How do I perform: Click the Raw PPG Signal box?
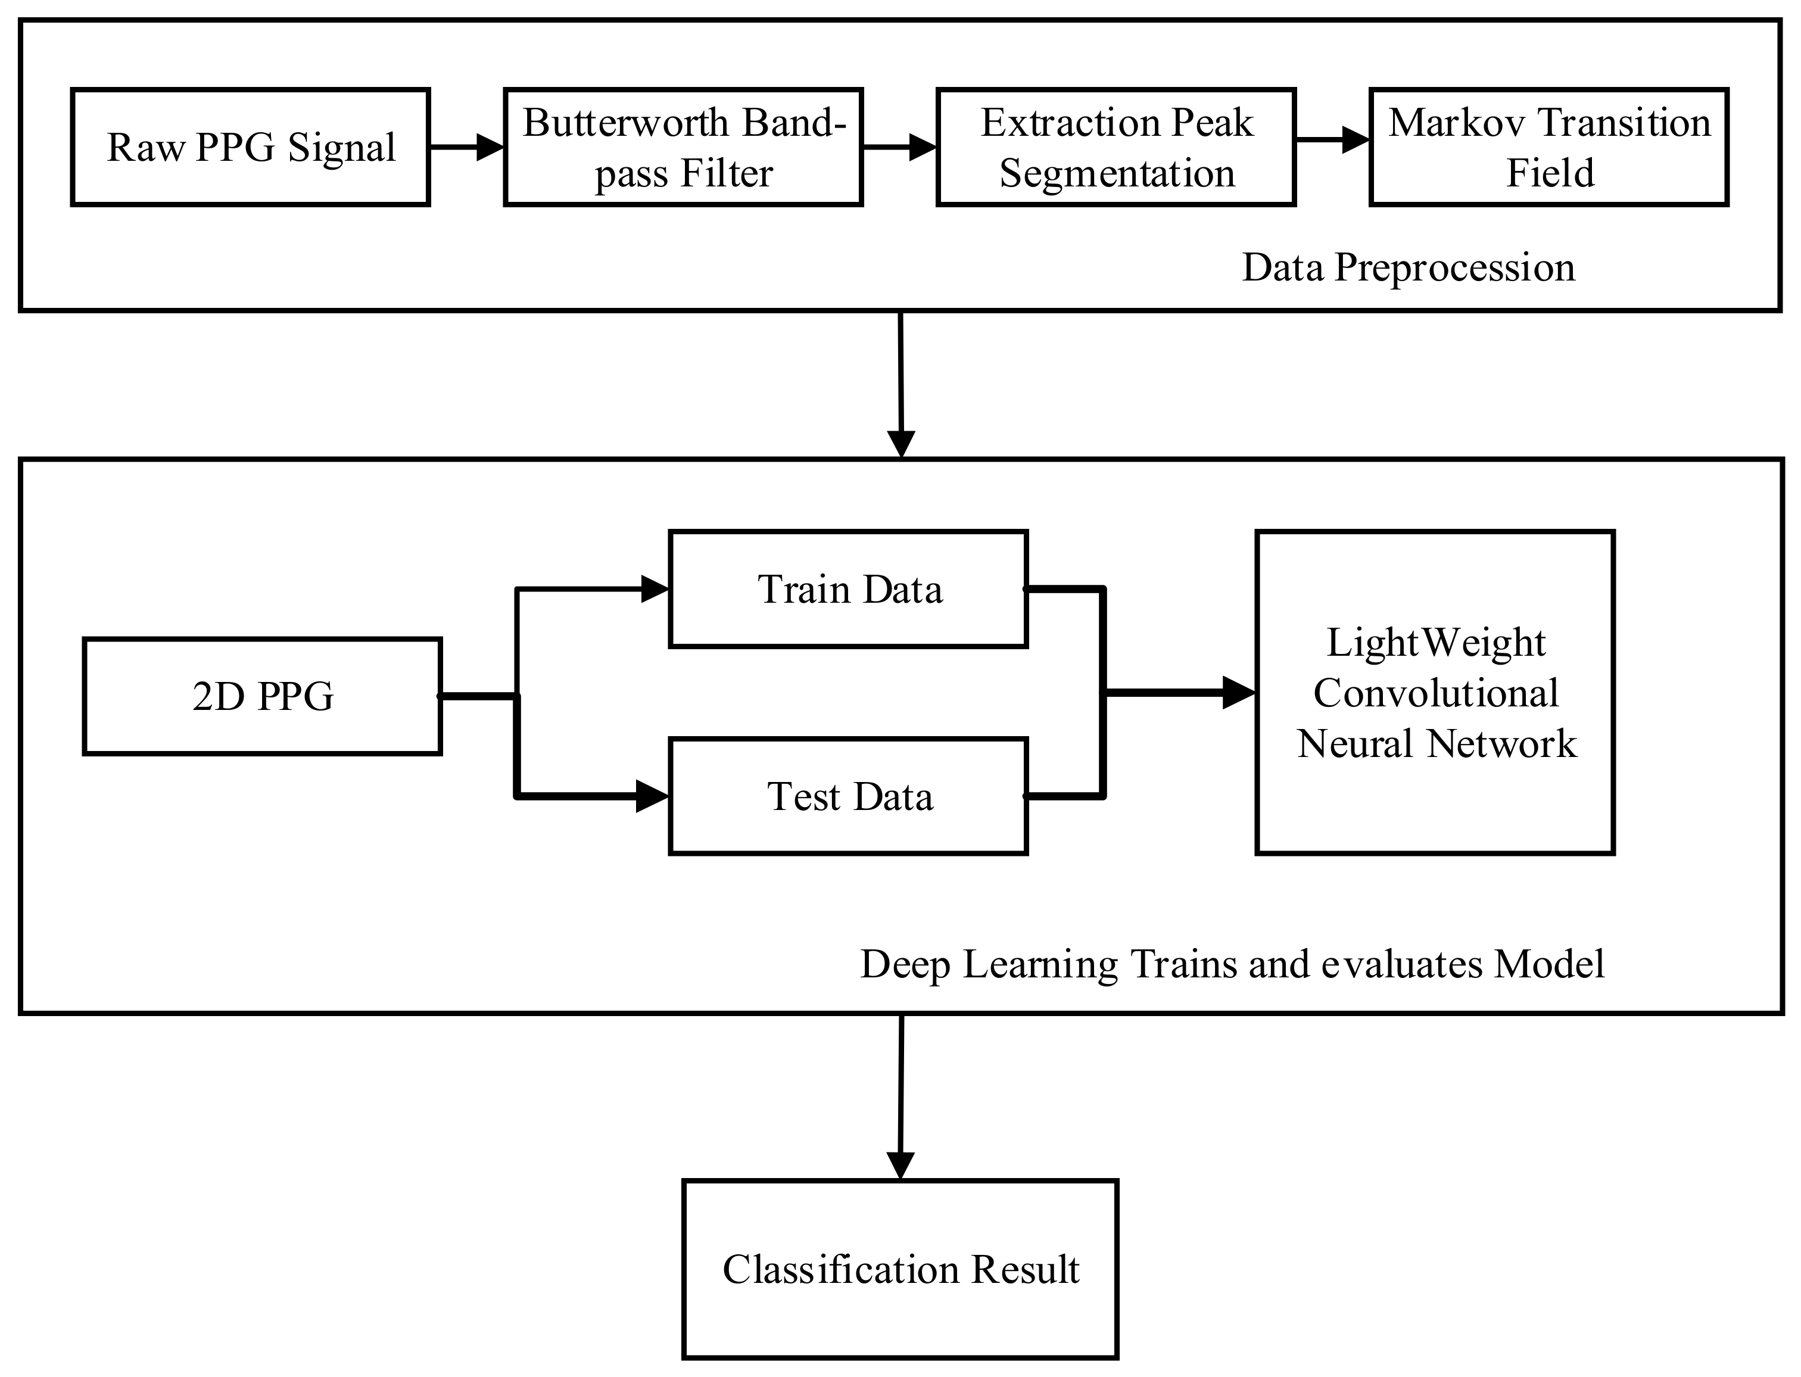[251, 148]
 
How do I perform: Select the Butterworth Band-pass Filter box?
[683, 148]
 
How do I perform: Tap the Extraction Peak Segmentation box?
[1116, 148]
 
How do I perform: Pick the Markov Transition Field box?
[1548, 148]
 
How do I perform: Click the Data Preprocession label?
[1408, 267]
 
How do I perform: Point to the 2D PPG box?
[262, 696]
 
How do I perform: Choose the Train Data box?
[849, 589]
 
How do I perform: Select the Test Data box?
[849, 796]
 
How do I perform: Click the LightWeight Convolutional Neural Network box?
[1435, 693]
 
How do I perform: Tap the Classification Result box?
[900, 1270]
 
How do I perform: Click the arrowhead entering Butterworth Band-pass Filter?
[490, 148]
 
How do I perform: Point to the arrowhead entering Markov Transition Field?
[1356, 140]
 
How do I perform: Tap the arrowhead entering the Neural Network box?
[1238, 693]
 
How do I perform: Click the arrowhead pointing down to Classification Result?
[900, 1165]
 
